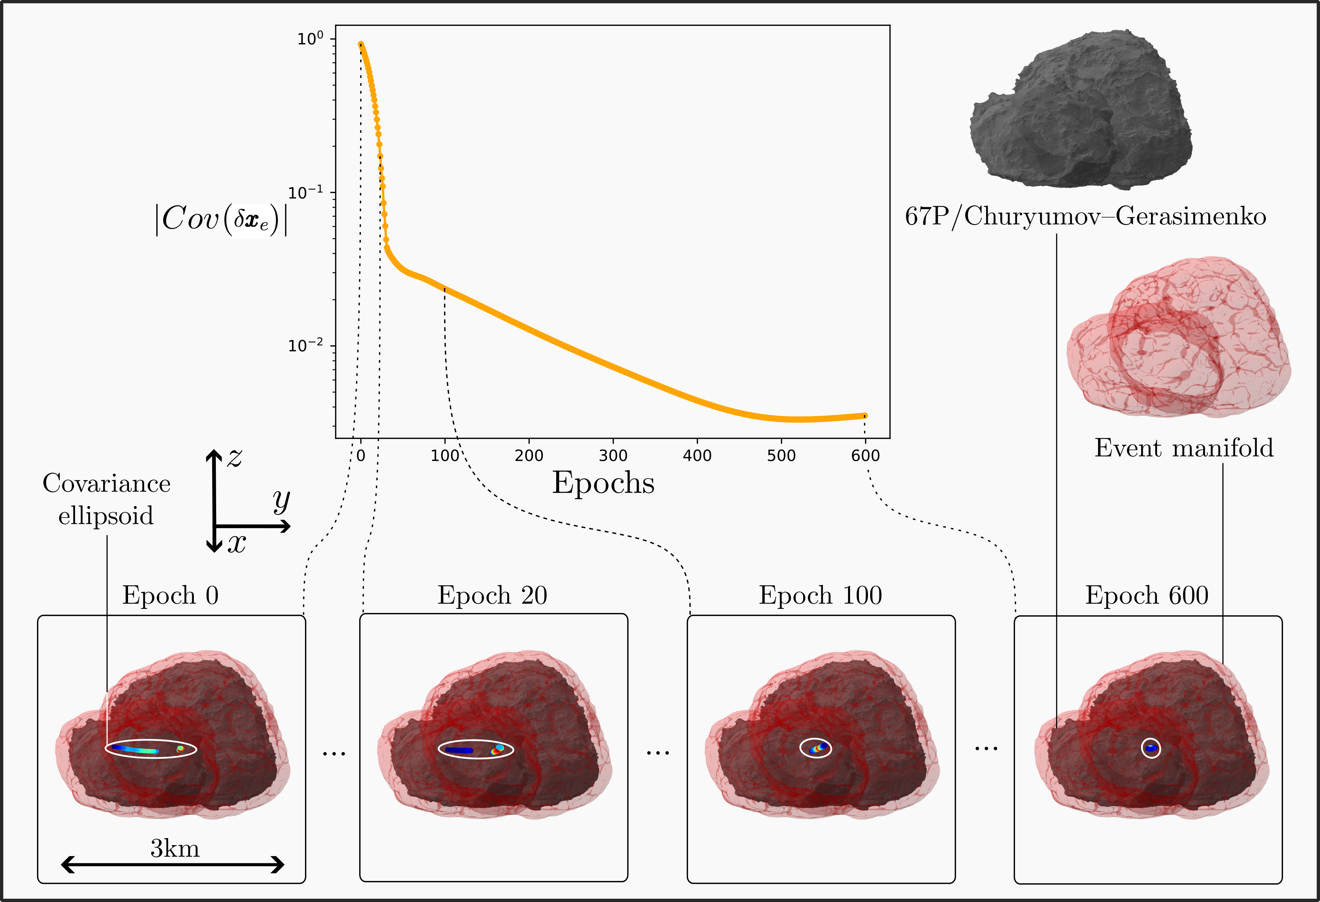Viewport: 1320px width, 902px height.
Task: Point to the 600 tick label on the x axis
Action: click(x=865, y=456)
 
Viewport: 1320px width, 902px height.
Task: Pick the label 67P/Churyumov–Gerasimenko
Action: click(x=1085, y=216)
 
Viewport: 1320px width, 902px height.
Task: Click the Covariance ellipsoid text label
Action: click(x=106, y=499)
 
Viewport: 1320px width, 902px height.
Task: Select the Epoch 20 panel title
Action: click(x=492, y=595)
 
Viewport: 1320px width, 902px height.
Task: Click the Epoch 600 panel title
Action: click(x=1147, y=595)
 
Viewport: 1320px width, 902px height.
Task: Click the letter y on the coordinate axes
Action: click(x=281, y=500)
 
